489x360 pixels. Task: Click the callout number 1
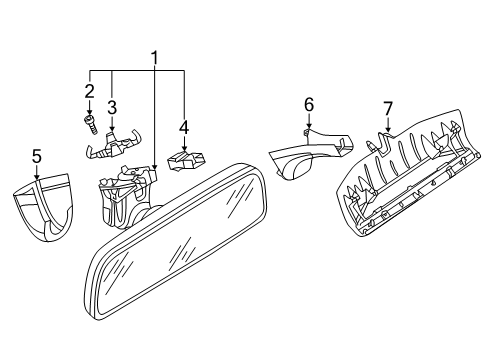click(x=154, y=58)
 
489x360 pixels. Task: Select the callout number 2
click(x=89, y=91)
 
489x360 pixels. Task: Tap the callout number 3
click(x=112, y=108)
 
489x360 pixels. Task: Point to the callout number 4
click(x=184, y=128)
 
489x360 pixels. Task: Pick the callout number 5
click(x=37, y=156)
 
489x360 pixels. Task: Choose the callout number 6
click(x=309, y=105)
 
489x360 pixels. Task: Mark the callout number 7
click(x=388, y=109)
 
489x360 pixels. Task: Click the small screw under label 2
click(x=90, y=124)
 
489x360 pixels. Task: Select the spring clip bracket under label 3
click(x=112, y=145)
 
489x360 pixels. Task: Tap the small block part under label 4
click(x=186, y=160)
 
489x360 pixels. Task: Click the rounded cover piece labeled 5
click(x=44, y=206)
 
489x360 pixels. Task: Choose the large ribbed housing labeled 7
click(x=408, y=175)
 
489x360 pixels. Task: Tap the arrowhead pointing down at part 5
click(x=37, y=177)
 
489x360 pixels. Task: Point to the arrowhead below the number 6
click(x=309, y=126)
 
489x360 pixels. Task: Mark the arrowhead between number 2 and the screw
click(x=89, y=112)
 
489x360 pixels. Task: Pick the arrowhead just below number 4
click(x=184, y=148)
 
